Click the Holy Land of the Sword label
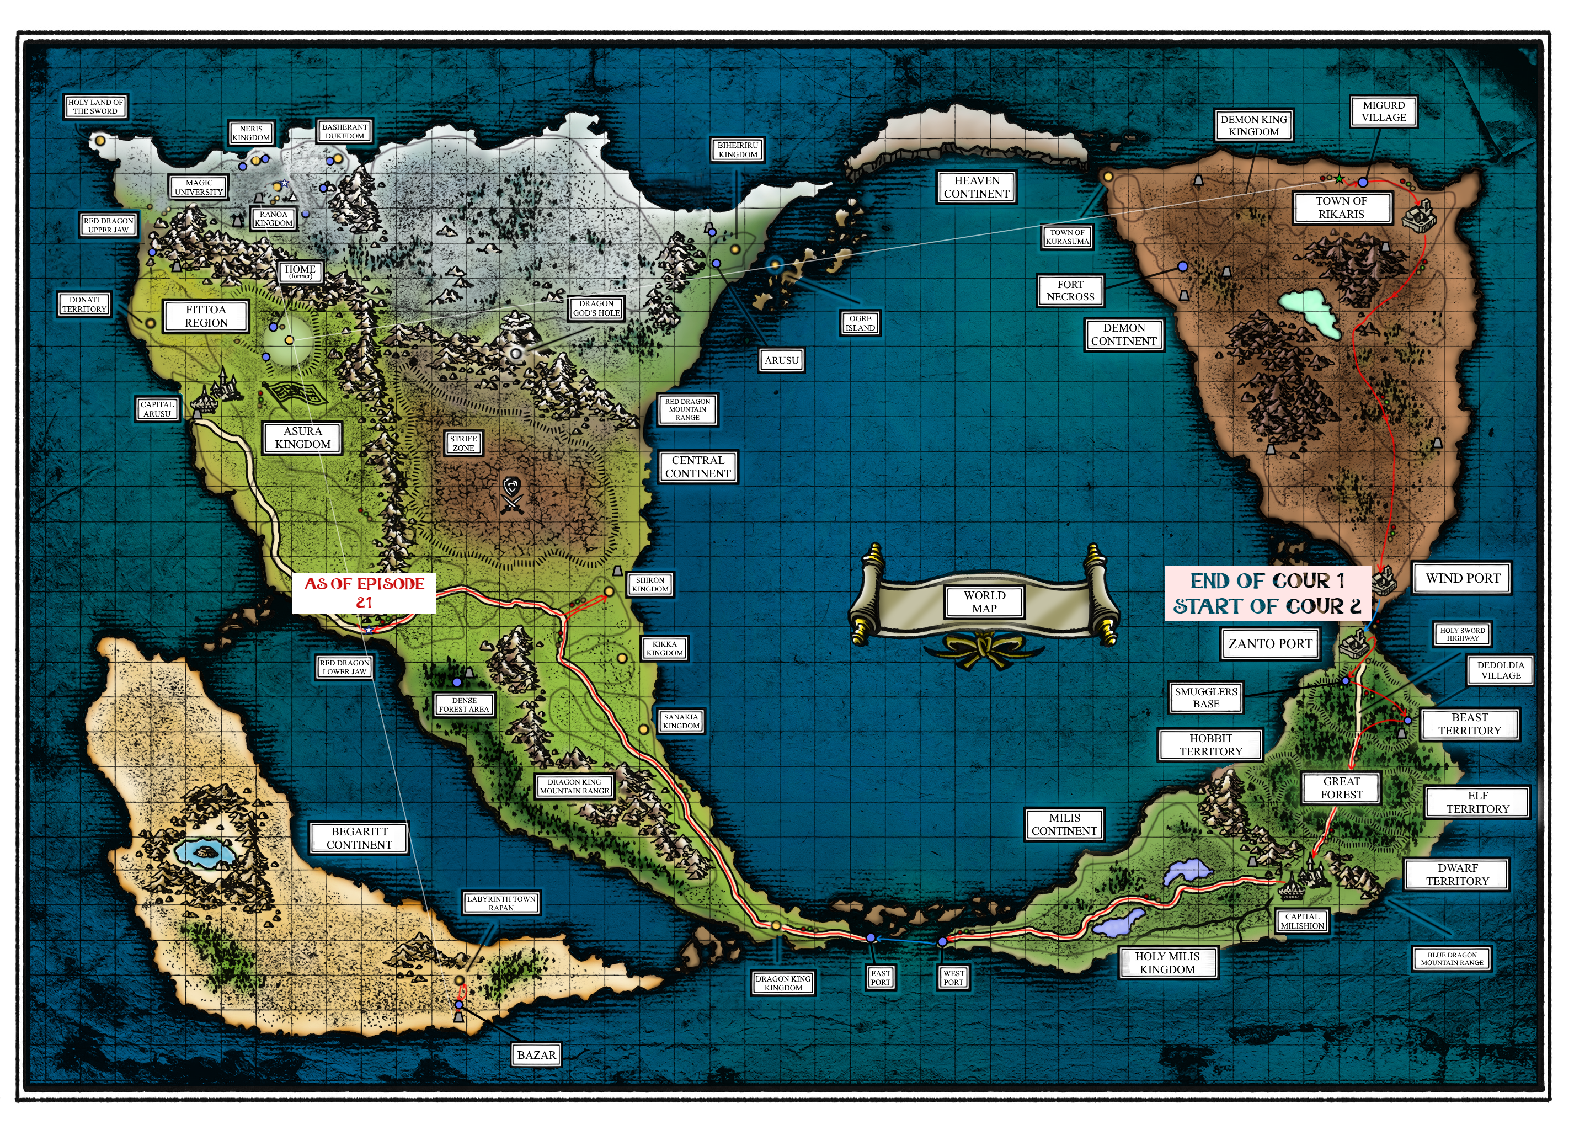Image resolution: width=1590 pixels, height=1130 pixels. click(x=95, y=106)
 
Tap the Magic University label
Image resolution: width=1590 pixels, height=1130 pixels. click(x=199, y=187)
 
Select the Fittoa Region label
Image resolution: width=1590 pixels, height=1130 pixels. click(x=206, y=316)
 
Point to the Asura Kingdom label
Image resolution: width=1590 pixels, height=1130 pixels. click(x=302, y=438)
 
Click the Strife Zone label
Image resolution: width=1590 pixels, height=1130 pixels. click(x=463, y=443)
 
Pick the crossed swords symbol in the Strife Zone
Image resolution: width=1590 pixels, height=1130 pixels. click(x=512, y=495)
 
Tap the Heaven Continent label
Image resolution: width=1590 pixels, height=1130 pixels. click(x=977, y=187)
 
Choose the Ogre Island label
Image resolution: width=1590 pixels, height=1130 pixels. click(x=861, y=323)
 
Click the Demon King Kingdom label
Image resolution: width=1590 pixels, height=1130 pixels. click(x=1253, y=125)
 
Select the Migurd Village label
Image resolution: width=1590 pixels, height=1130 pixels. click(x=1384, y=111)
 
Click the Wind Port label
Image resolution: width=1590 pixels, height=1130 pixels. click(x=1463, y=578)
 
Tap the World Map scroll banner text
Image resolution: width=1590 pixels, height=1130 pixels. click(x=984, y=602)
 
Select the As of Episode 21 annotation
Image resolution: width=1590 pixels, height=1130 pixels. click(x=364, y=593)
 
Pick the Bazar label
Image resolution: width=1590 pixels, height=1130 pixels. click(x=536, y=1055)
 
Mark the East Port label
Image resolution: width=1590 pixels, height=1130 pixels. click(x=880, y=978)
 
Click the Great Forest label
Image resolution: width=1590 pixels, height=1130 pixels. click(x=1342, y=788)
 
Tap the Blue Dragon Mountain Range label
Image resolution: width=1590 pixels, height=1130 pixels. click(x=1452, y=959)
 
